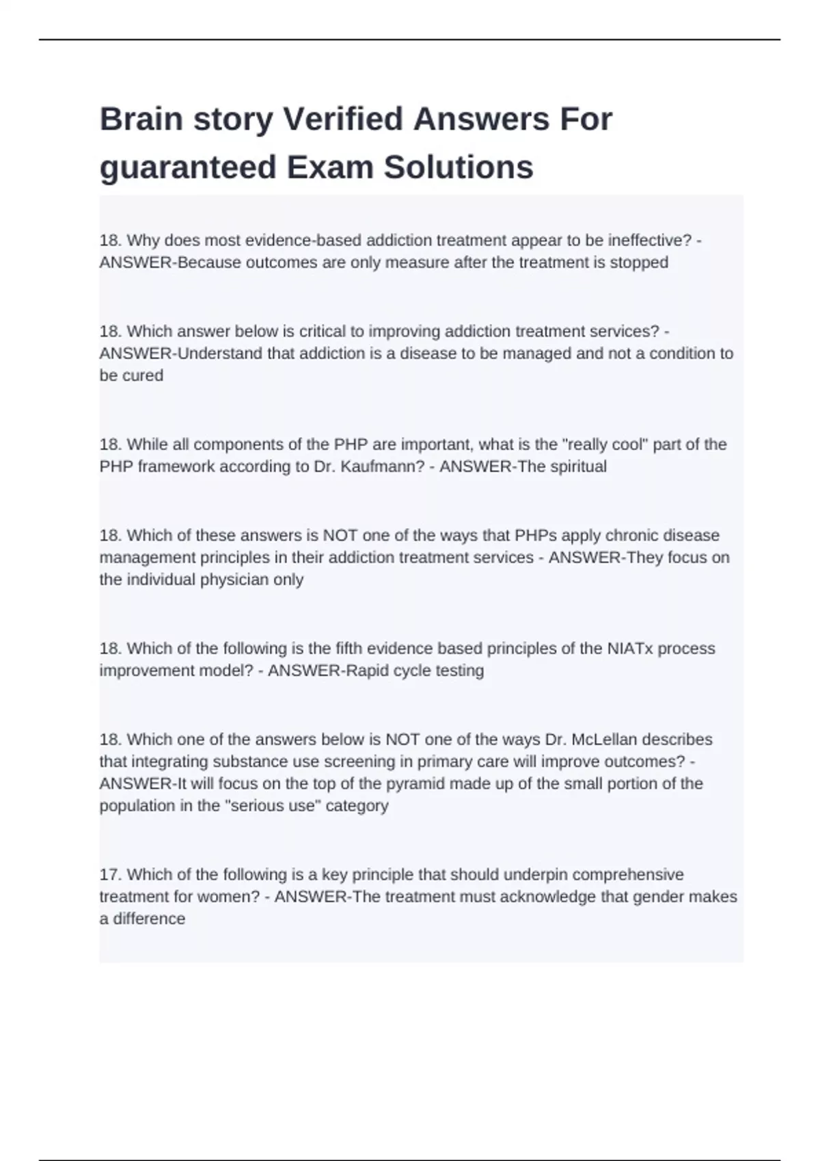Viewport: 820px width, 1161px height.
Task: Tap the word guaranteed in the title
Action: tap(188, 167)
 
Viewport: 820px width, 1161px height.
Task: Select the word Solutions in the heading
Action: tap(458, 167)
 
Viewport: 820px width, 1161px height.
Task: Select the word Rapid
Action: tap(368, 671)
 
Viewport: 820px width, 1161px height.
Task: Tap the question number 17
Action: tap(111, 875)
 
